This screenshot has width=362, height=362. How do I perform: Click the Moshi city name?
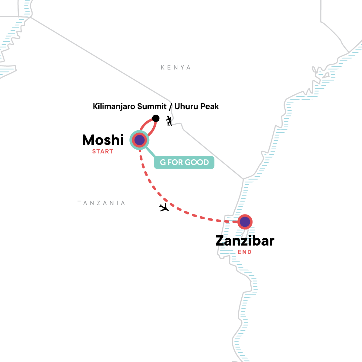pos(103,140)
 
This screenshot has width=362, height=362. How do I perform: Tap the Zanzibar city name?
pos(245,241)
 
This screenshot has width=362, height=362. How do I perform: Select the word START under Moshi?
pos(103,151)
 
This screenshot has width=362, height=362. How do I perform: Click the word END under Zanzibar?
pos(245,252)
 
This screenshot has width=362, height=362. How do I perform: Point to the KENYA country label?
pos(176,68)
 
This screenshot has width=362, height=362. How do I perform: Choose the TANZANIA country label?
pos(101,203)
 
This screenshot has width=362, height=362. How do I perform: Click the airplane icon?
pos(164,207)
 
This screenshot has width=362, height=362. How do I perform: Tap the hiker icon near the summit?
pos(169,121)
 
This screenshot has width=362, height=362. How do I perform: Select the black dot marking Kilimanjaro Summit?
pos(156,118)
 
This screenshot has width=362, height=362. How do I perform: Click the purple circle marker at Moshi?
pos(140,140)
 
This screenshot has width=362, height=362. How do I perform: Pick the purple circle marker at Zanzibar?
pos(245,222)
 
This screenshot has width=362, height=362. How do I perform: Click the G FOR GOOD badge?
pos(184,162)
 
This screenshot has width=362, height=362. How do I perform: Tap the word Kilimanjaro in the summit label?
pos(114,106)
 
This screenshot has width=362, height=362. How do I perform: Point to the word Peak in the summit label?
pos(211,106)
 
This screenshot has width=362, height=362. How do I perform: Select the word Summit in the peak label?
pos(152,106)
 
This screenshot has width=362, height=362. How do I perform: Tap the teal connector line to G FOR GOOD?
pos(151,152)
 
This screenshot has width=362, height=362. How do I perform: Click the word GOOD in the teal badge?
pos(197,162)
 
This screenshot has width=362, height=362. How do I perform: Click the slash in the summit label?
pos(170,106)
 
